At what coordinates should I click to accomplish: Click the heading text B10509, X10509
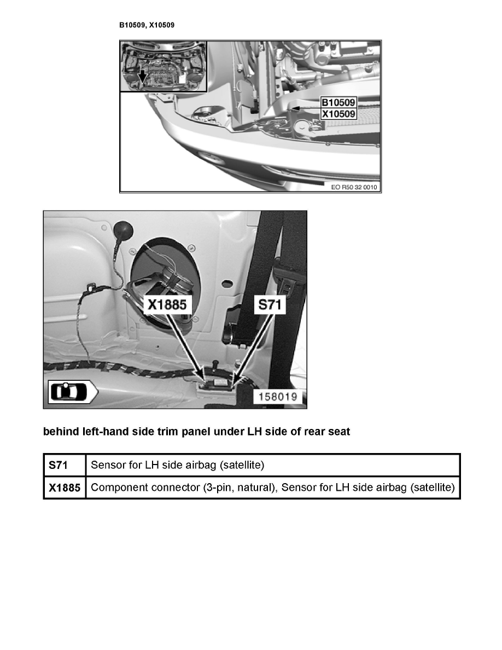(147, 25)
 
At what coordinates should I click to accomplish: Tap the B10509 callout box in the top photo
(338, 103)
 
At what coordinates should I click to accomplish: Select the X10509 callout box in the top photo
(338, 114)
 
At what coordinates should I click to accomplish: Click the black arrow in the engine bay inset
(142, 77)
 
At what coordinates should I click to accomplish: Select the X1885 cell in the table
(64, 487)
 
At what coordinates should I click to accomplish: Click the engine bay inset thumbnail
(163, 66)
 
